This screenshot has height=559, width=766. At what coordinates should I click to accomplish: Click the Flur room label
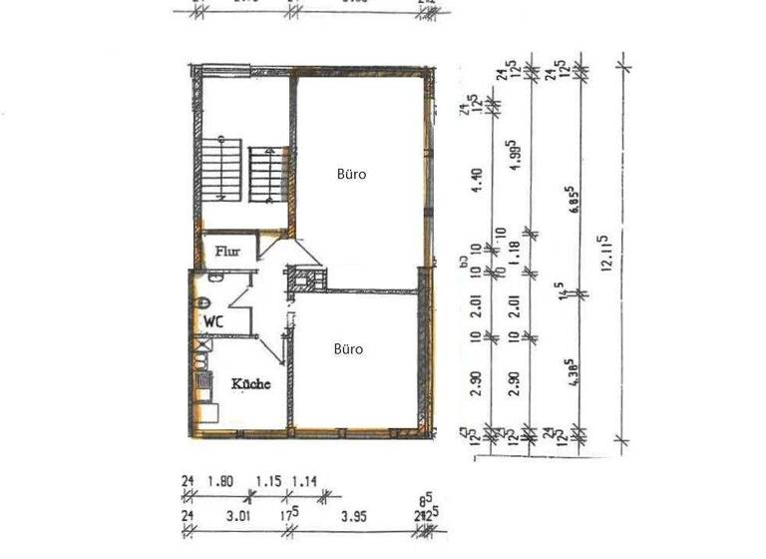[x=228, y=253]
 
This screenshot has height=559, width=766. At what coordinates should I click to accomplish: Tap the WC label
[x=212, y=321]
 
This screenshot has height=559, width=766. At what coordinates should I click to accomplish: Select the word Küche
[x=250, y=383]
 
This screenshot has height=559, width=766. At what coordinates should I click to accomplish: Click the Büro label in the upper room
[x=350, y=174]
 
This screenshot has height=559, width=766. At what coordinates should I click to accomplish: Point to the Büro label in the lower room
[x=348, y=349]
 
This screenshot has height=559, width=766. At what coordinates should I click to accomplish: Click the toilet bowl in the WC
[x=202, y=302]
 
